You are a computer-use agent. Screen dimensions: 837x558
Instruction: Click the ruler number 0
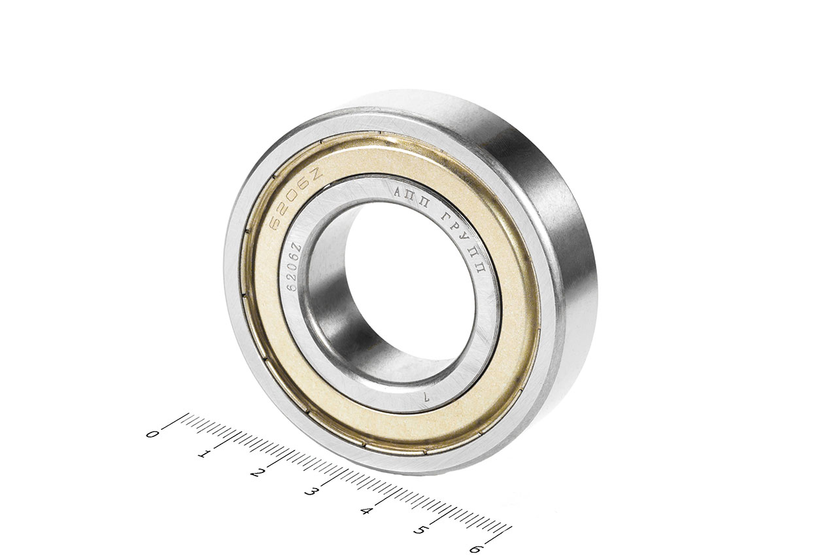click(152, 434)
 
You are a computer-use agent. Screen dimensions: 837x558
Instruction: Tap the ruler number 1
click(204, 455)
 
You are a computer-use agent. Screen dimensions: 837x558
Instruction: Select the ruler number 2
click(256, 473)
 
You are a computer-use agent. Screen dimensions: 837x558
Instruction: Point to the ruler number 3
click(310, 492)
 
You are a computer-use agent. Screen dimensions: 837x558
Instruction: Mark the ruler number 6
click(476, 549)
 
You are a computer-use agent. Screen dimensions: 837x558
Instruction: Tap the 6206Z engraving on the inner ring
click(294, 267)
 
